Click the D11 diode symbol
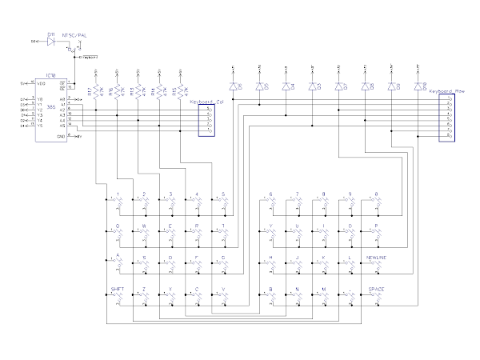point(51,39)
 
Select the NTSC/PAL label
point(74,36)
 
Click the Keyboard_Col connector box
point(206,121)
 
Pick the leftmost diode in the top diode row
point(234,85)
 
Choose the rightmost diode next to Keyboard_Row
point(418,85)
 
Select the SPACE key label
point(377,288)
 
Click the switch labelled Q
point(118,232)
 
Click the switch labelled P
point(374,232)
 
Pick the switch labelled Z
point(145,294)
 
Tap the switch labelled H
point(272,263)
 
